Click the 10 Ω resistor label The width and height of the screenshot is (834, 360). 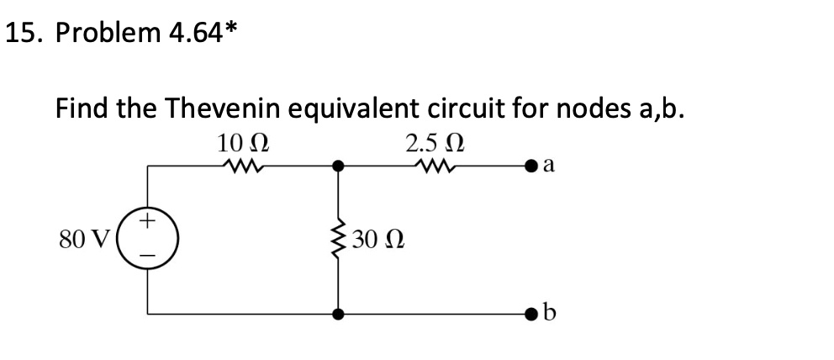tap(242, 143)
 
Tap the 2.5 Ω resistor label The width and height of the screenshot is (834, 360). tap(435, 143)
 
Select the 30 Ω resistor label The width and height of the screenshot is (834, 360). tap(378, 241)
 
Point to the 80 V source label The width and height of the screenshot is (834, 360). tap(84, 241)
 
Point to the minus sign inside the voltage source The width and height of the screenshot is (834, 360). tap(148, 258)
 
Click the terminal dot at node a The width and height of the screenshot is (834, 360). tap(530, 167)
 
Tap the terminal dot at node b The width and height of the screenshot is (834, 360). tap(530, 315)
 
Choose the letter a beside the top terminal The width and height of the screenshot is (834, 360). tap(550, 166)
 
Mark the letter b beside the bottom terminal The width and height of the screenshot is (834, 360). tap(550, 312)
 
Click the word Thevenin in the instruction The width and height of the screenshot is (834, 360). tap(223, 109)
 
